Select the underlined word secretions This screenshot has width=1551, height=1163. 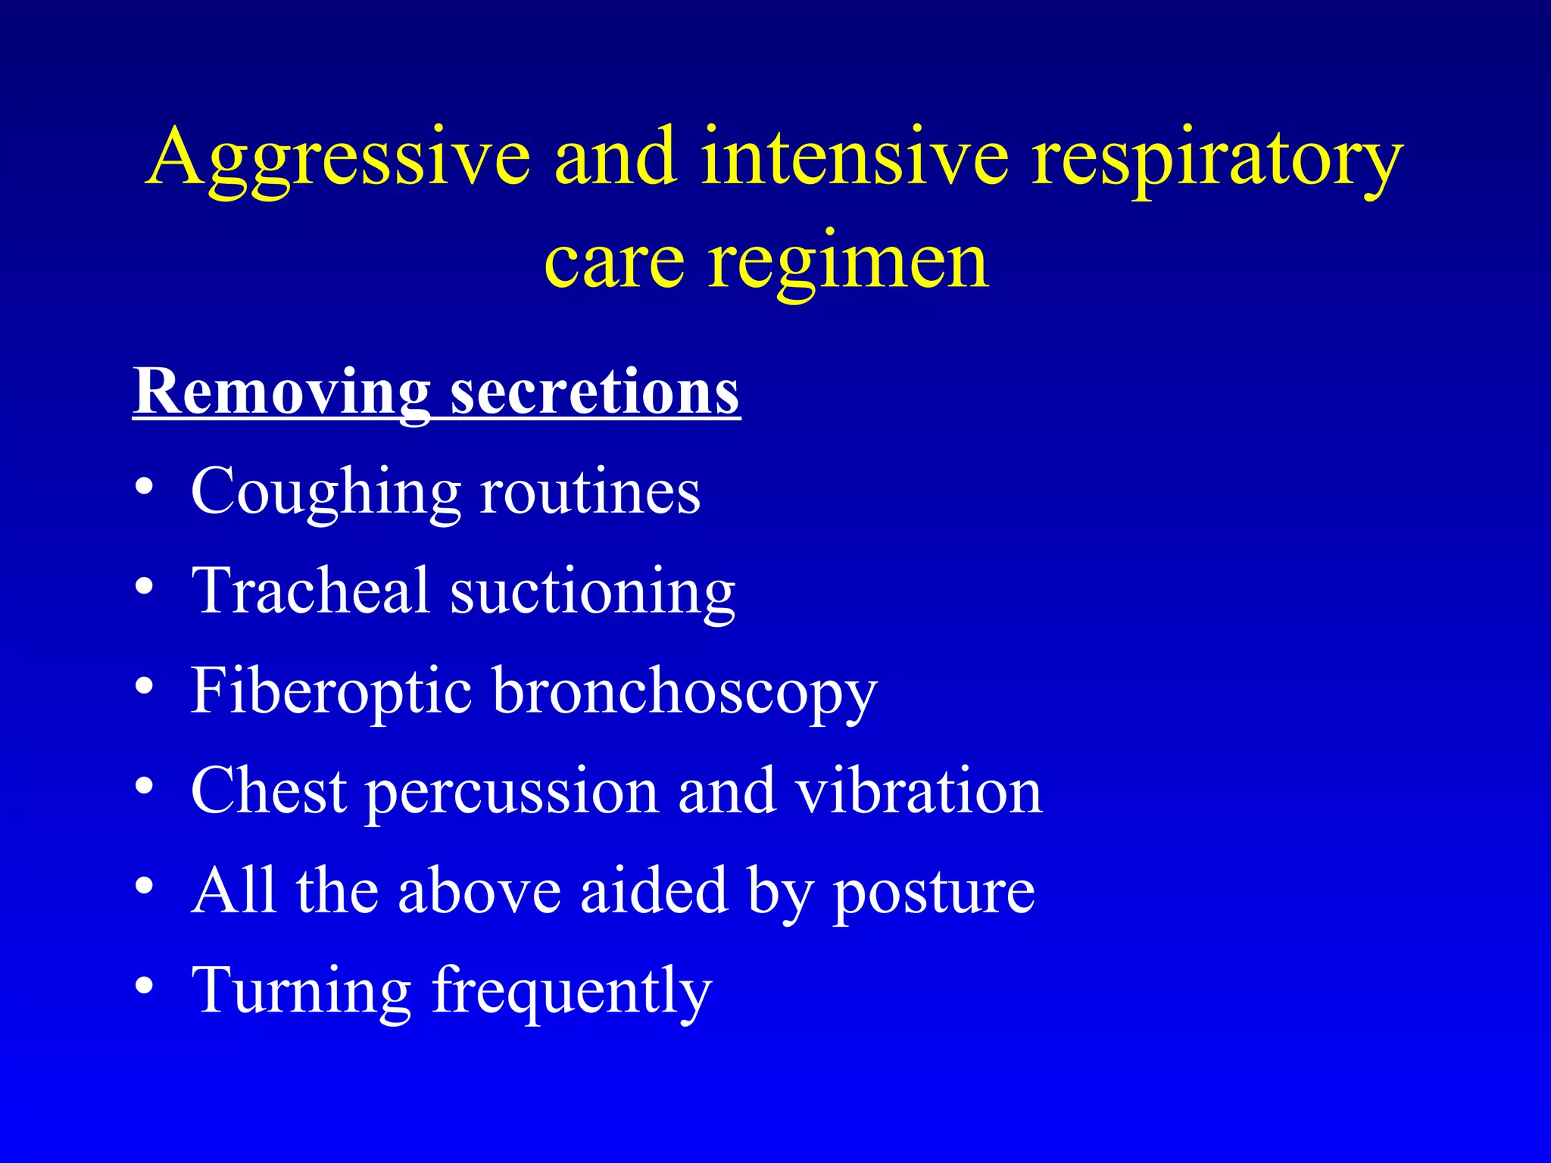click(594, 394)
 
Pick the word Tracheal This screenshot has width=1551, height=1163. click(311, 591)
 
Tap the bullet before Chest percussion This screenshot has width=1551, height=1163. click(145, 785)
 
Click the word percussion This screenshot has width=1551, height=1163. click(512, 792)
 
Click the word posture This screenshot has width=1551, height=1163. click(933, 892)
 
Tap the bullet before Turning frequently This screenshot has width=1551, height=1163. click(145, 985)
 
